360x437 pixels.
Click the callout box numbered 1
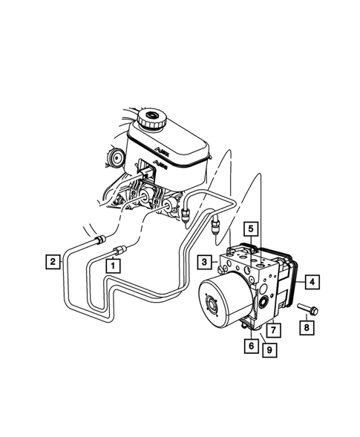coord(113,263)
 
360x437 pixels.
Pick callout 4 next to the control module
coord(312,282)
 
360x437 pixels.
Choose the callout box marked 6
coord(252,345)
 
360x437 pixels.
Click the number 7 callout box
coord(273,329)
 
